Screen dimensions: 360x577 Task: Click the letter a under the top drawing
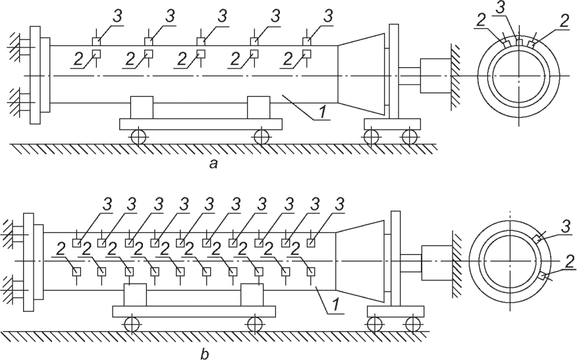click(x=213, y=165)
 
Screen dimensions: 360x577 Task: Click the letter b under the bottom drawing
click(x=205, y=355)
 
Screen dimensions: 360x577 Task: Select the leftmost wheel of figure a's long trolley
click(x=138, y=137)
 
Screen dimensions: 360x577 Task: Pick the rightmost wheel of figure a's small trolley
click(x=410, y=137)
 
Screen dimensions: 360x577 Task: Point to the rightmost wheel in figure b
click(x=412, y=324)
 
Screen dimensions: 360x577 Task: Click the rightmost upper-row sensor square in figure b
click(x=312, y=243)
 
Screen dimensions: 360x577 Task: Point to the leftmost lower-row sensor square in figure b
click(x=76, y=271)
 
